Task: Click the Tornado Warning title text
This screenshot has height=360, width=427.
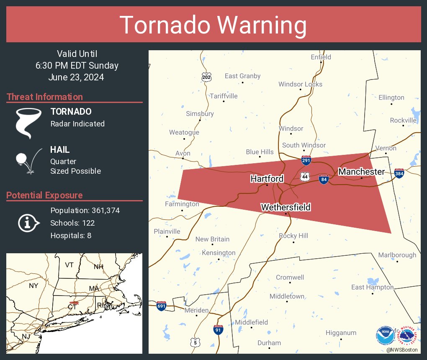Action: click(x=213, y=25)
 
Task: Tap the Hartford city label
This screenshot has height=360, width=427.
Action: click(x=267, y=179)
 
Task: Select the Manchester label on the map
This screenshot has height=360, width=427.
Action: click(x=361, y=172)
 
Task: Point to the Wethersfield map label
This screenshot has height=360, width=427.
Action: click(x=286, y=207)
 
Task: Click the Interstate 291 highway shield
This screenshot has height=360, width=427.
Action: click(x=306, y=160)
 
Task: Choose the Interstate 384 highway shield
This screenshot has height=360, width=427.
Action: click(x=399, y=172)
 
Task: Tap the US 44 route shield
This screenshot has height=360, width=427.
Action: click(x=305, y=177)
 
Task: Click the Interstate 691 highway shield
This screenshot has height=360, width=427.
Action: click(x=161, y=306)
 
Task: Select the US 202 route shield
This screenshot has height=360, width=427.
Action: click(x=206, y=77)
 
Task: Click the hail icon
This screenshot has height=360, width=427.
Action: click(x=28, y=160)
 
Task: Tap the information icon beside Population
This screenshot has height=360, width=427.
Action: click(x=28, y=223)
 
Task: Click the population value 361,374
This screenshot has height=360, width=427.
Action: click(x=103, y=210)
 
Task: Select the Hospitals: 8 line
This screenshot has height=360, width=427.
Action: click(x=71, y=235)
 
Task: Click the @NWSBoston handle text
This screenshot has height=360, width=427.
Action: click(x=401, y=350)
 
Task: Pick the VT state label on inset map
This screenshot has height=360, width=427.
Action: click(x=69, y=265)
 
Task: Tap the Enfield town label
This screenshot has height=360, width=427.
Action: click(x=321, y=57)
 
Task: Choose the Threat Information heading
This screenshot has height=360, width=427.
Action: click(x=45, y=97)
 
